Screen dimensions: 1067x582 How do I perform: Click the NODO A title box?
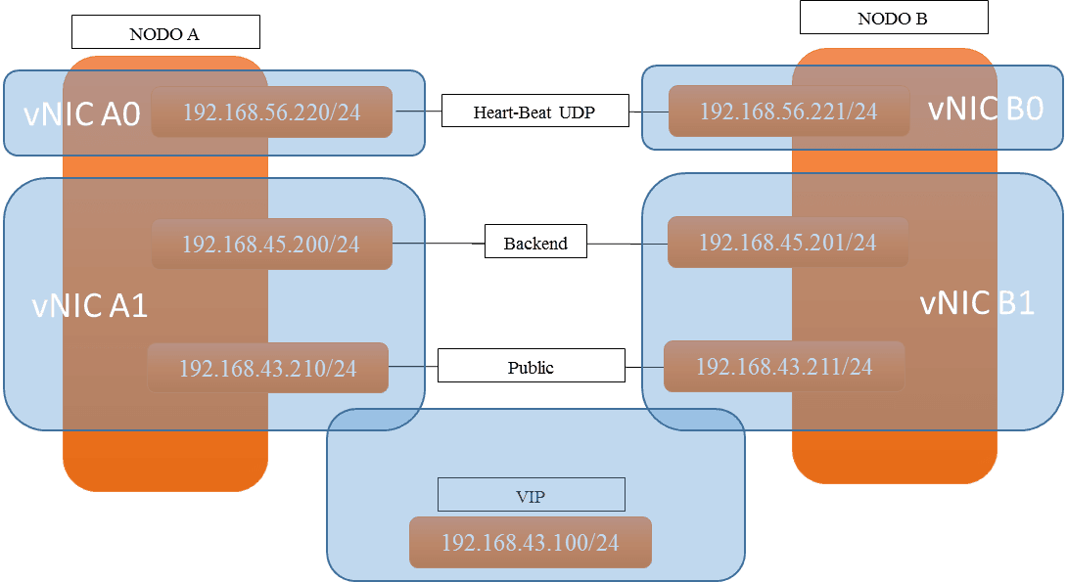click(x=165, y=32)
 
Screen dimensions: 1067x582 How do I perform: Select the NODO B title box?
click(x=894, y=17)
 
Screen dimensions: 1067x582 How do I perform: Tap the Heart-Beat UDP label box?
click(x=534, y=111)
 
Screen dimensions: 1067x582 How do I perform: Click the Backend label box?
click(x=535, y=242)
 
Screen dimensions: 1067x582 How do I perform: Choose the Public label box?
click(x=531, y=366)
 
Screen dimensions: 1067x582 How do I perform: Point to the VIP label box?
click(x=531, y=494)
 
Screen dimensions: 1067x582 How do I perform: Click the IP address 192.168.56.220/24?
click(x=271, y=112)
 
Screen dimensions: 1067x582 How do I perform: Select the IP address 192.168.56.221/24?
click(x=789, y=111)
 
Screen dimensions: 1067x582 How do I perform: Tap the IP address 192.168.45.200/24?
click(x=271, y=245)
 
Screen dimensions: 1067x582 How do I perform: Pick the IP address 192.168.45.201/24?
click(x=787, y=242)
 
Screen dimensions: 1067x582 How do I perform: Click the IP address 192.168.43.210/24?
click(x=267, y=368)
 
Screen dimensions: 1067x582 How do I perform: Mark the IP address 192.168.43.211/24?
click(x=784, y=367)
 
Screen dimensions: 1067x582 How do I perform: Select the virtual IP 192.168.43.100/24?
click(x=531, y=542)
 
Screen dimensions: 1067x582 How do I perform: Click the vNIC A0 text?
click(x=81, y=113)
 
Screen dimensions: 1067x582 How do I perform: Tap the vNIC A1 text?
click(x=90, y=305)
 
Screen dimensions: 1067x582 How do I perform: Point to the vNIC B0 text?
click(x=986, y=109)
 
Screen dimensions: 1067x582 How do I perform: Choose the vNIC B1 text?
click(x=977, y=302)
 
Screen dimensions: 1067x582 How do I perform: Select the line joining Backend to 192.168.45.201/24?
click(x=627, y=243)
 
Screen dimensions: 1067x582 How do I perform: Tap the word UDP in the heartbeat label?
click(x=577, y=112)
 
